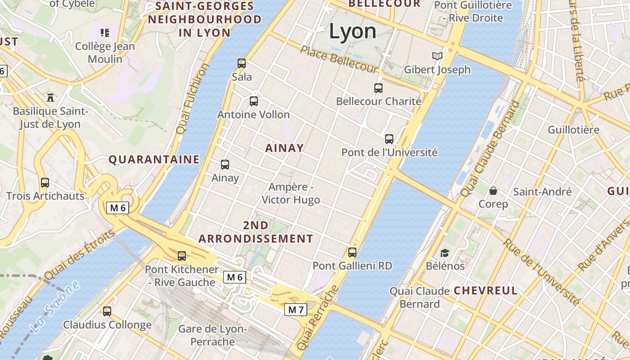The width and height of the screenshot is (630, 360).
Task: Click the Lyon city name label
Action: (352, 31)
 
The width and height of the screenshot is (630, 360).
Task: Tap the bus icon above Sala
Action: (242, 63)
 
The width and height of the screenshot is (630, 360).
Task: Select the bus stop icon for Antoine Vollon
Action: (254, 101)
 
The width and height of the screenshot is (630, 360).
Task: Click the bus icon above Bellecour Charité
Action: (378, 88)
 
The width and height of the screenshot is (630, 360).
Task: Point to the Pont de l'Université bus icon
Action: (389, 139)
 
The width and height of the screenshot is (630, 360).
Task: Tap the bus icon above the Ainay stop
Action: (225, 165)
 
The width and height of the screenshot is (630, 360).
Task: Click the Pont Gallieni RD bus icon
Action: (352, 252)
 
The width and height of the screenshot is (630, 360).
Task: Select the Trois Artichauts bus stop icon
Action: (45, 183)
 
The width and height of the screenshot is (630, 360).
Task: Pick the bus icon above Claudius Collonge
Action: (107, 311)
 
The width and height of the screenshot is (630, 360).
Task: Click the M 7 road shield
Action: (296, 310)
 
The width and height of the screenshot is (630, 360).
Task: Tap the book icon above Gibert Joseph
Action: (437, 56)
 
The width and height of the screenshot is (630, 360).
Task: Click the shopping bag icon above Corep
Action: (493, 191)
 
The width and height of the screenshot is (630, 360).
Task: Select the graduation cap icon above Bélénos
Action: (445, 253)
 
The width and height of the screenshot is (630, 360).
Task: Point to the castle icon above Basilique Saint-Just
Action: (50, 97)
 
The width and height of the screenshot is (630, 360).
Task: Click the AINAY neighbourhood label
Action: (284, 148)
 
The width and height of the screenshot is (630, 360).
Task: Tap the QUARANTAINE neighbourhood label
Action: (154, 159)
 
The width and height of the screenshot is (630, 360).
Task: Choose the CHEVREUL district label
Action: (486, 290)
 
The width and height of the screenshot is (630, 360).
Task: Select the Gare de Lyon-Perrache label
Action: (213, 335)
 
